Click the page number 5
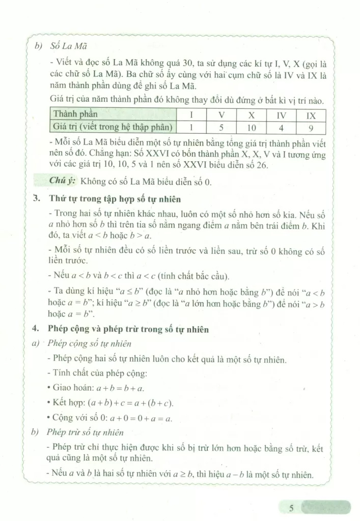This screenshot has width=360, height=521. [x=291, y=508]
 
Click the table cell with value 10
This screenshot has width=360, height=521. [x=251, y=126]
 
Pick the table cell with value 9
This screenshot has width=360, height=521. [x=311, y=126]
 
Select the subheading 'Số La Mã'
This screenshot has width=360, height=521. [x=69, y=44]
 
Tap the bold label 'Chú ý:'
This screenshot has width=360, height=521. [x=63, y=180]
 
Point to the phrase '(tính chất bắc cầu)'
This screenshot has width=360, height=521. [x=193, y=276]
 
